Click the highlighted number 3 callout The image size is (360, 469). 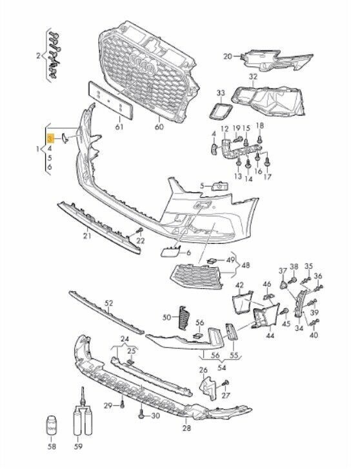coord(50,139)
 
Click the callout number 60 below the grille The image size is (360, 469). coord(159,127)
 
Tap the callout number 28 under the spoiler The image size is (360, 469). coord(186,428)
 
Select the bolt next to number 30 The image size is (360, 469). coord(142,415)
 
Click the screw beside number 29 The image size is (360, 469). coord(122,405)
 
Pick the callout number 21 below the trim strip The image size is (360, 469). coord(87,236)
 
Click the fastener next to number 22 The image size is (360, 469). coord(139,230)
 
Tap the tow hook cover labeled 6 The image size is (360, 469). coord(171,251)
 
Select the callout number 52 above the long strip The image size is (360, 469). coord(109,303)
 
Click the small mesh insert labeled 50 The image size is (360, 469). coord(185,318)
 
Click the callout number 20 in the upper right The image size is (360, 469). coord(228,56)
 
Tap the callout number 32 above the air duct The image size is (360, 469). coord(253,77)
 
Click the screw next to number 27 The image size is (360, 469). coord(225,383)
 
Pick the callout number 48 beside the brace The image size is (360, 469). coord(246,265)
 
